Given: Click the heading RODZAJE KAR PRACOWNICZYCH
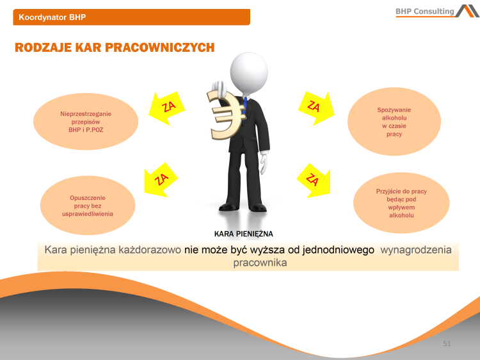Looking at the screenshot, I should point(115,48).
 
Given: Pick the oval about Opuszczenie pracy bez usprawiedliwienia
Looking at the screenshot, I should point(88,206).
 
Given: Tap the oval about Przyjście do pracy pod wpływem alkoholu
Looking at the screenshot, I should point(401,203).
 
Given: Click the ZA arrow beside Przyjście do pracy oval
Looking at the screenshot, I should point(312,180).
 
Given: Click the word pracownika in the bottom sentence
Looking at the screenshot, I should point(259,263).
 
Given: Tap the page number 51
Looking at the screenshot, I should point(447,344).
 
